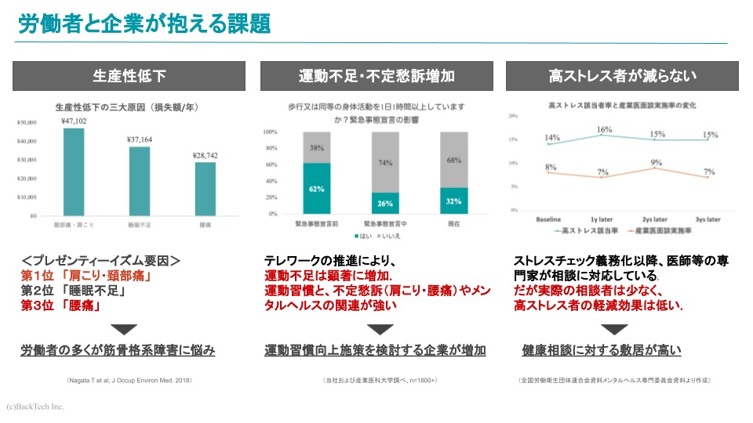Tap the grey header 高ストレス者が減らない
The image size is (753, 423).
[623, 76]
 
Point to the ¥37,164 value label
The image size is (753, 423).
[140, 139]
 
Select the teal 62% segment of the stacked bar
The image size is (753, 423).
[317, 188]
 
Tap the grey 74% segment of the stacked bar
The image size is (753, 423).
[385, 162]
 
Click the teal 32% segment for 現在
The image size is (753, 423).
[454, 201]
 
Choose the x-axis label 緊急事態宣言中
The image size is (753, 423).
[385, 223]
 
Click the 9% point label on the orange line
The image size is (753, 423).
[656, 163]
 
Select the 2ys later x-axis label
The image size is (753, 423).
[656, 220]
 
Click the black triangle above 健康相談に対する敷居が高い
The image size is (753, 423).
[623, 329]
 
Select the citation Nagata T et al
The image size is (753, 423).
[129, 380]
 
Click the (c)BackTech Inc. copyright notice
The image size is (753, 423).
[35, 407]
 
